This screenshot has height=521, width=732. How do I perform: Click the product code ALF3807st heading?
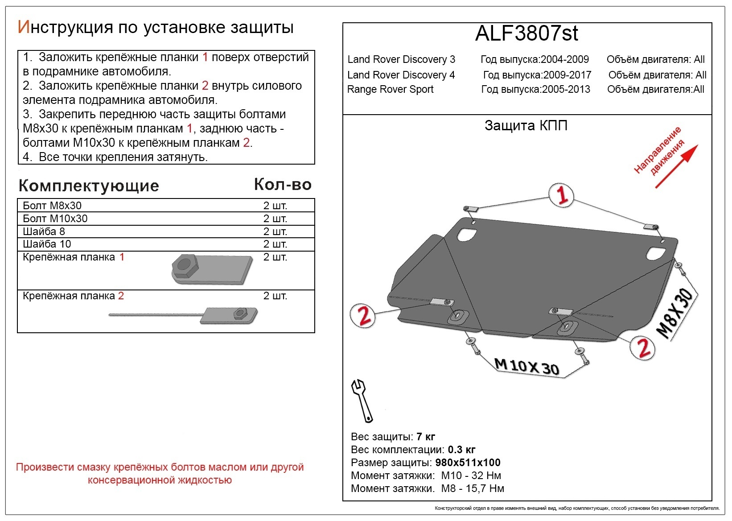[x=526, y=33]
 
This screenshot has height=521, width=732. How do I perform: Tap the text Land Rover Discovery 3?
[x=401, y=59]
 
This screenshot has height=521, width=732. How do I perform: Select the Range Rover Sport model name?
[x=390, y=89]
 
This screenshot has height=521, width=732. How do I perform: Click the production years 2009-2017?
[x=567, y=75]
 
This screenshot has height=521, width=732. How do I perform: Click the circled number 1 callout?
[x=561, y=195]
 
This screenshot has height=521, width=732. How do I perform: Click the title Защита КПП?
[x=526, y=126]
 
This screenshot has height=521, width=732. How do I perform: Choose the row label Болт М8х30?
[x=52, y=206]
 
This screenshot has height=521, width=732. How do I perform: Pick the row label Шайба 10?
[x=47, y=244]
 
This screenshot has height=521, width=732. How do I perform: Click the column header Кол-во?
[x=283, y=185]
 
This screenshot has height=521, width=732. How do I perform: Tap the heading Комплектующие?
[x=89, y=186]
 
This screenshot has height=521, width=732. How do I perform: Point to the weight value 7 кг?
[x=425, y=437]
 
